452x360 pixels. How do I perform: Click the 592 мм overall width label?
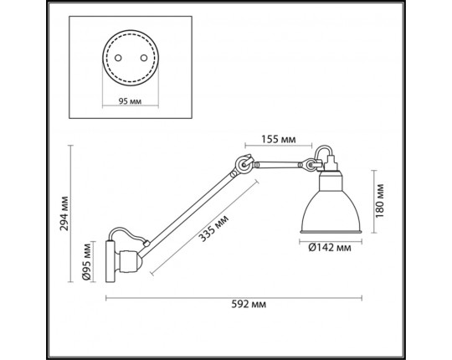(x=249, y=304)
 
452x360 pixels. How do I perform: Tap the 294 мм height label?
(x=64, y=213)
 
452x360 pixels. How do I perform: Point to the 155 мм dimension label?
(x=279, y=139)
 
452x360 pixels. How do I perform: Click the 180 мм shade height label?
(x=380, y=201)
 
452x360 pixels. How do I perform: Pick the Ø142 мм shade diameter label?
(x=330, y=247)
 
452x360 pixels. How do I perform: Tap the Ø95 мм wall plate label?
(x=87, y=261)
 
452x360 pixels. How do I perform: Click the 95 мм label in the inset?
(x=130, y=101)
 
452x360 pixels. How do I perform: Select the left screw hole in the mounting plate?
(x=118, y=58)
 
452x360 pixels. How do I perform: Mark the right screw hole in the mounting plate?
(x=144, y=58)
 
